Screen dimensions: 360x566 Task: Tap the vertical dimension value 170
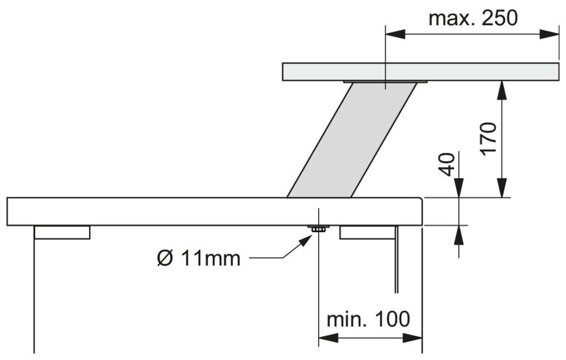[488, 139]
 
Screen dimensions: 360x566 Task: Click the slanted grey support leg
[351, 141]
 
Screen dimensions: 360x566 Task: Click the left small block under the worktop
[62, 232]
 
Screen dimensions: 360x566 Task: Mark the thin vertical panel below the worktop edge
[396, 259]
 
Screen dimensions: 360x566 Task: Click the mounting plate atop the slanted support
[385, 83]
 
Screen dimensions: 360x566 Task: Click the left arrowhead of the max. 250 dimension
[393, 34]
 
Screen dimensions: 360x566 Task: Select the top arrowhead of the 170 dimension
[502, 90]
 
